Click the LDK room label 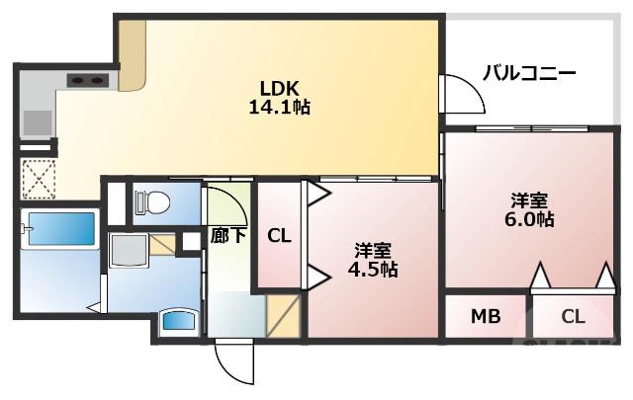tap(279, 88)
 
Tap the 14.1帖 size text tap(279, 108)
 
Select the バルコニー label tap(529, 73)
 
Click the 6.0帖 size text tap(529, 220)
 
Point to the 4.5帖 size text tap(373, 270)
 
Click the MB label tap(486, 317)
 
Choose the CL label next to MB tap(573, 317)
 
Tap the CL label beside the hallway tap(279, 236)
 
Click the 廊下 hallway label tap(228, 236)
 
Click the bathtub tap(60, 228)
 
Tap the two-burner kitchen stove tap(88, 81)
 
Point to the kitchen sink tap(38, 122)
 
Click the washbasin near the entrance tap(179, 321)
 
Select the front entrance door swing tap(234, 361)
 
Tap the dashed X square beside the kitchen tap(38, 179)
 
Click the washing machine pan tap(129, 250)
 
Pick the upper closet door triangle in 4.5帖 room tap(318, 195)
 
